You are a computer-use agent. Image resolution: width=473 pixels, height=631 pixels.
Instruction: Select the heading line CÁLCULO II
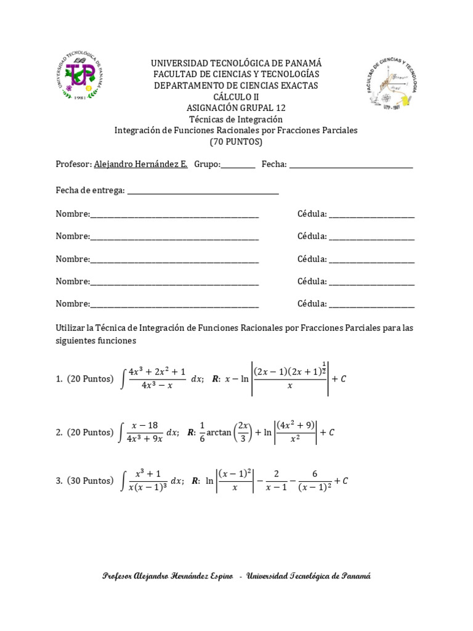coord(236,97)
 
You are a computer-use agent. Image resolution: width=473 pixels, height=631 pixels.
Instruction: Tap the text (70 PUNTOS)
coord(236,141)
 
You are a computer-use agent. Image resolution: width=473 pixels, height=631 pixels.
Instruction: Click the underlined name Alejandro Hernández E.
coord(140,165)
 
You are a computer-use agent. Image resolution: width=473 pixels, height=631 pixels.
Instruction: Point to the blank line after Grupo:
coord(238,165)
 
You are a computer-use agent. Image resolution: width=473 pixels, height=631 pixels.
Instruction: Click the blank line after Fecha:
coord(350,165)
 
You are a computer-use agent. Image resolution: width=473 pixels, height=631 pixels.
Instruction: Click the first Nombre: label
coord(73,214)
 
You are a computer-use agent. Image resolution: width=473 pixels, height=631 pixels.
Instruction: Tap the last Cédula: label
coord(312,303)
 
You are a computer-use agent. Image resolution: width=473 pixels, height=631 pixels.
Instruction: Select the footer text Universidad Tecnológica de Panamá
coord(308,576)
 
